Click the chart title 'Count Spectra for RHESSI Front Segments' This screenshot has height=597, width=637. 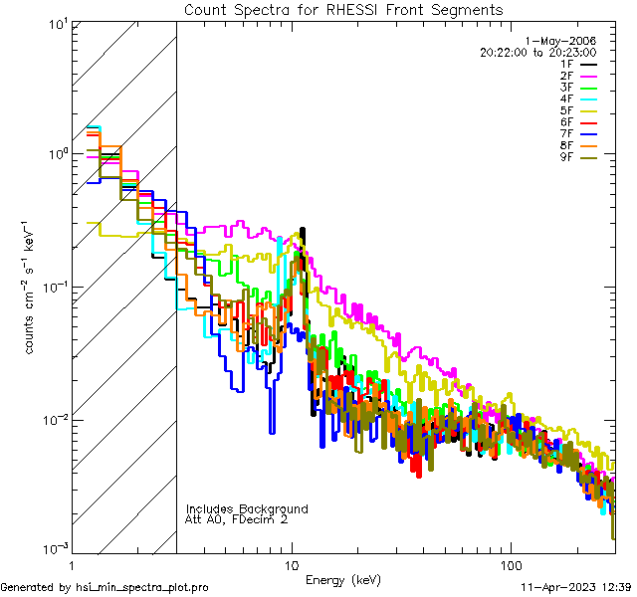click(343, 9)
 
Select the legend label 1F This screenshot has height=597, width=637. click(565, 64)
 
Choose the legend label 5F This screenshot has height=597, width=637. click(565, 110)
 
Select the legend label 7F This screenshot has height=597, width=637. click(565, 133)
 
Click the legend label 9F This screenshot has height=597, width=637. click(565, 157)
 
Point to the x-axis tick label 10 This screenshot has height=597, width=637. click(291, 563)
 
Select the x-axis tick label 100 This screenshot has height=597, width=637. click(510, 563)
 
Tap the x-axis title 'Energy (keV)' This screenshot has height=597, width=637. click(343, 579)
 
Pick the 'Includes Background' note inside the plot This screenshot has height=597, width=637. click(247, 508)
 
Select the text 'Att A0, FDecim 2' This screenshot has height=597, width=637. click(237, 519)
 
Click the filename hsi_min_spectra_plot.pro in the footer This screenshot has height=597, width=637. click(142, 588)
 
